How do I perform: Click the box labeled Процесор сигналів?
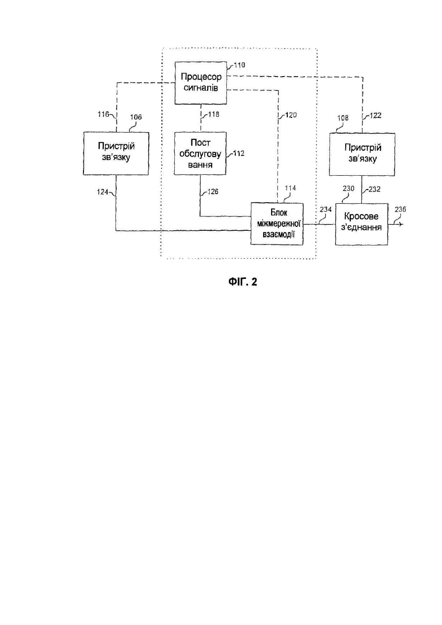(201, 83)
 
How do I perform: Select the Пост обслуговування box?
(200, 154)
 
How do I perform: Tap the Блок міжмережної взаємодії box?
(277, 224)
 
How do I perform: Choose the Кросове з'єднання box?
(361, 224)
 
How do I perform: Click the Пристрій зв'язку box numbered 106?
(116, 154)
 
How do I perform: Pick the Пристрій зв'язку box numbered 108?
(362, 154)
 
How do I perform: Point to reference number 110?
(240, 65)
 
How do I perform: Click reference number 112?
(239, 154)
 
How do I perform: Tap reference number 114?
(290, 188)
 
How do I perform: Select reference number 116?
(103, 114)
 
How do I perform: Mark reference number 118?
(214, 114)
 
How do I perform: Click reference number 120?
(291, 115)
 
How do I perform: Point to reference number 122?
(375, 115)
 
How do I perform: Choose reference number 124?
(103, 191)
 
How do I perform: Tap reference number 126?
(213, 191)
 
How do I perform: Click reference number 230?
(349, 189)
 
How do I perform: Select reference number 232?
(374, 189)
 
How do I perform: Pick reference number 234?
(326, 209)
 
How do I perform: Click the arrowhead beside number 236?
(401, 224)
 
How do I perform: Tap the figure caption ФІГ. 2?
(243, 282)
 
